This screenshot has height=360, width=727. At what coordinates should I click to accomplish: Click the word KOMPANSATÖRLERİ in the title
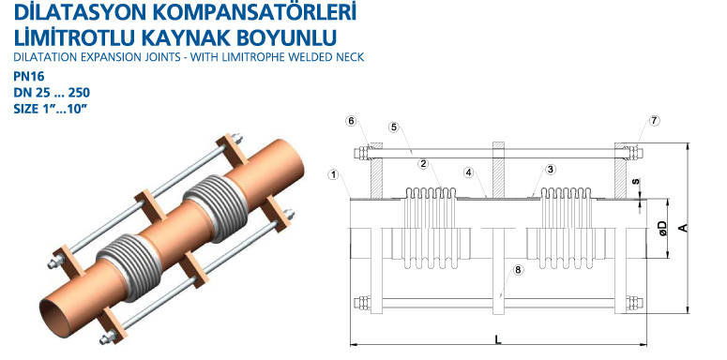point(246,11)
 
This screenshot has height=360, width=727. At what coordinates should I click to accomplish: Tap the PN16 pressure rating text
point(29,77)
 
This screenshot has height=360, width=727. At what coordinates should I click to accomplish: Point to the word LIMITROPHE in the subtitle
point(252,57)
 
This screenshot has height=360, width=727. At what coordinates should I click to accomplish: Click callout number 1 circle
point(333,174)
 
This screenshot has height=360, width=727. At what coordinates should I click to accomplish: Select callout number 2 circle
point(422,163)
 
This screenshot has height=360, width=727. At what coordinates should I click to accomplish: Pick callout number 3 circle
point(551,170)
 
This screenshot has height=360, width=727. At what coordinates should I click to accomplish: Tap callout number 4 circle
point(469,172)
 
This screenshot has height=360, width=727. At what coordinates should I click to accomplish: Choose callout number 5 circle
point(394,127)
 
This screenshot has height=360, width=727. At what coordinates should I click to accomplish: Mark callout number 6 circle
point(351,121)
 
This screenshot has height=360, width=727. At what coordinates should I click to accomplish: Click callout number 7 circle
point(654,121)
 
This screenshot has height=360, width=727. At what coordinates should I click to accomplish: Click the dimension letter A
point(682,228)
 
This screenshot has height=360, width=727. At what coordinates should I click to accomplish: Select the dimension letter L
point(498,339)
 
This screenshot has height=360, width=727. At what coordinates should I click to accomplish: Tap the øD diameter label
point(662,228)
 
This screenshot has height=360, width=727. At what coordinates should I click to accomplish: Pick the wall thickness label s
point(636,181)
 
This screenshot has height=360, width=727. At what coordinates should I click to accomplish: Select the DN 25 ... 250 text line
point(52,93)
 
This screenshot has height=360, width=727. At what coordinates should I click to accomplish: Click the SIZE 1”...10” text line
point(51,110)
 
